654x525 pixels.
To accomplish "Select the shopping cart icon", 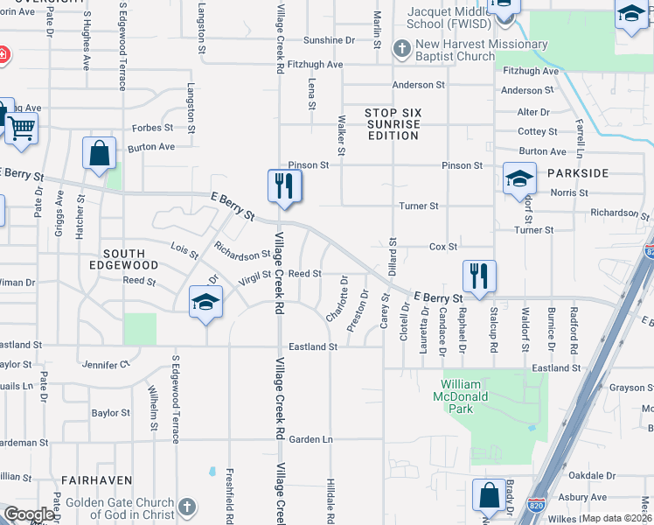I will tap(21, 129).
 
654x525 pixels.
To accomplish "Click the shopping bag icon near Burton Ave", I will tap(100, 152).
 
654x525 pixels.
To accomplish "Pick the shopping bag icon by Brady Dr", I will tap(490, 495).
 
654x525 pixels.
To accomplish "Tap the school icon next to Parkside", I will tap(519, 178).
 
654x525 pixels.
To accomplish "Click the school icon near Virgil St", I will tap(205, 302).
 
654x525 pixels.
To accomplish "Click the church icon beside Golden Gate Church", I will tap(186, 507).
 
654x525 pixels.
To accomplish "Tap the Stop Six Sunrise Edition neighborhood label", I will tap(393, 124).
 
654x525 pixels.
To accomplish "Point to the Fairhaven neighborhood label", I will tap(96, 480).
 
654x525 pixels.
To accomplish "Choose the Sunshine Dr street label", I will tap(329, 40).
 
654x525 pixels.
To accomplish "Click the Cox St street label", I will tap(442, 248).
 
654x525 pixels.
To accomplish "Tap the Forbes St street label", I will tap(148, 128).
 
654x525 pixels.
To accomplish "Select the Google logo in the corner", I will tap(29, 514).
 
